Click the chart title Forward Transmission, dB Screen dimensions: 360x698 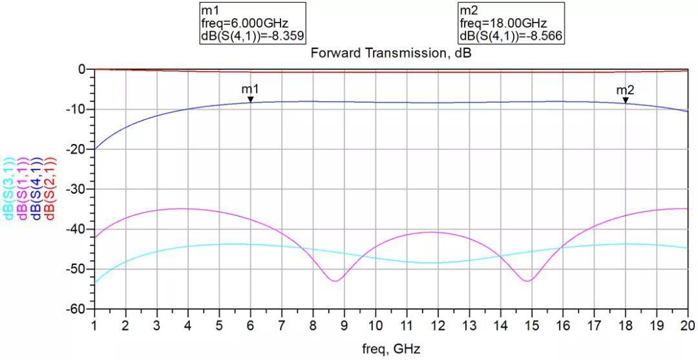pyautogui.click(x=391, y=53)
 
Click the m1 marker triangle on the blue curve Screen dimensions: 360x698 pyautogui.click(x=250, y=100)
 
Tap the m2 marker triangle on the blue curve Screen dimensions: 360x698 pyautogui.click(x=625, y=100)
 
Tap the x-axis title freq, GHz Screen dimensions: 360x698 pyautogui.click(x=391, y=350)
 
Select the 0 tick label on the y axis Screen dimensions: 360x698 pyautogui.click(x=82, y=69)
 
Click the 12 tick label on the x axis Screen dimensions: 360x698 pyautogui.click(x=438, y=323)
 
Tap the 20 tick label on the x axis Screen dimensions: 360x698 pyautogui.click(x=687, y=323)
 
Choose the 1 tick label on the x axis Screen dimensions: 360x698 pyautogui.click(x=94, y=323)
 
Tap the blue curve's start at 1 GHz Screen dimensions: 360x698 pyautogui.click(x=94, y=149)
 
